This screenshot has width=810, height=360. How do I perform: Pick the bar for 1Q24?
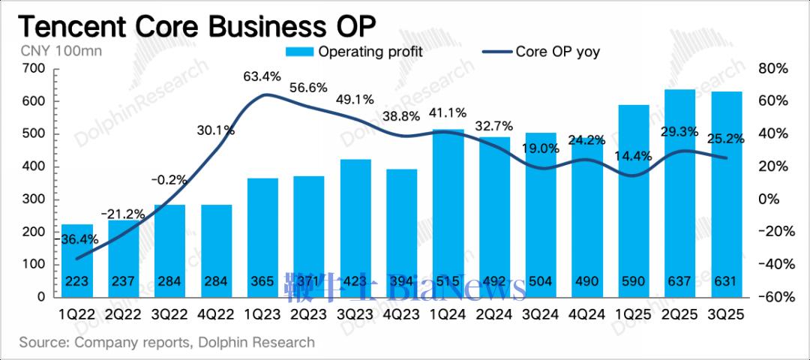(448, 210)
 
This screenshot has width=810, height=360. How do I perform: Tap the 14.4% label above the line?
(634, 156)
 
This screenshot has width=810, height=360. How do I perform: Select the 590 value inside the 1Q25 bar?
(634, 282)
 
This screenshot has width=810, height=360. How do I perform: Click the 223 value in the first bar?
(77, 282)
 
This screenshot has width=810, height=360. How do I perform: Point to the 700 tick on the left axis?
(35, 69)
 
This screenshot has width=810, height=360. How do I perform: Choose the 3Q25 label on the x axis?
(727, 315)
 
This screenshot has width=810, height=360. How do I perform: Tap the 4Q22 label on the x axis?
(217, 315)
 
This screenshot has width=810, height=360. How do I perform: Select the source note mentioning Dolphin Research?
(166, 343)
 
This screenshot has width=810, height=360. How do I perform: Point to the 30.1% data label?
(216, 130)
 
